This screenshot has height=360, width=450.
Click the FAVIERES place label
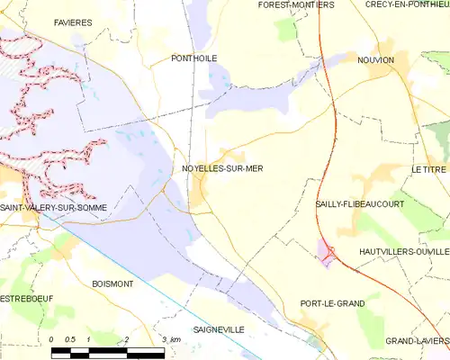(72, 21)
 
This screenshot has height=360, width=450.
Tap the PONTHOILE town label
(193, 58)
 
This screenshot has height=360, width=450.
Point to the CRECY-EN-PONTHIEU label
(407, 4)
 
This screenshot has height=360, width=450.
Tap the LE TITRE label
(428, 169)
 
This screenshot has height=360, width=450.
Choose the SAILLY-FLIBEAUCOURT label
(359, 204)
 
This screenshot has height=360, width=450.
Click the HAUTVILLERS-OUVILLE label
(403, 251)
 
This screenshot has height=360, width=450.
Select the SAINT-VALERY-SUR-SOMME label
(53, 208)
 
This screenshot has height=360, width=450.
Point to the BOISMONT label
(112, 283)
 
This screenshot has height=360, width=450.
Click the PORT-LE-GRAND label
(332, 303)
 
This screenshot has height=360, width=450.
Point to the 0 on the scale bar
(52, 339)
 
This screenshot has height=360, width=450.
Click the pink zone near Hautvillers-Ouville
(325, 254)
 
